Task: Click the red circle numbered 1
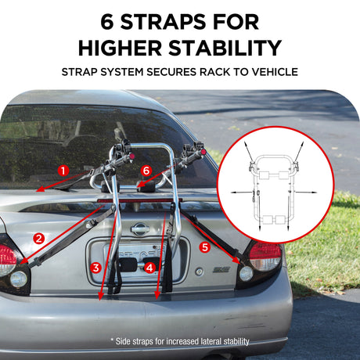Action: coord(63,171)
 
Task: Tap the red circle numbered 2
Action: coord(39,239)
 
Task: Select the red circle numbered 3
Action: coord(96,268)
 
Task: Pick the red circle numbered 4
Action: coord(149,268)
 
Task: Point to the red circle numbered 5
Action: coord(205,247)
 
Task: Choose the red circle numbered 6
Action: coord(146,171)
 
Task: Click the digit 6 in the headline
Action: coord(107,22)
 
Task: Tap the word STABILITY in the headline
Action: coord(225,48)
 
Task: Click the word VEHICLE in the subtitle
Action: coord(275,72)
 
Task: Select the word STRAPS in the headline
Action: coord(164,22)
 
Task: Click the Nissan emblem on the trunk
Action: coord(140,229)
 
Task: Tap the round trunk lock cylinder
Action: coord(200,272)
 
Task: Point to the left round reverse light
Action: coord(19,279)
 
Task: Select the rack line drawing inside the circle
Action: coord(274,186)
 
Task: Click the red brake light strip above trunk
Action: coord(139,200)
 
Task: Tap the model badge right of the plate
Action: coord(221,270)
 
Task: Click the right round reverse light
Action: coord(246,274)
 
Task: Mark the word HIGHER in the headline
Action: coord(121,48)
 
